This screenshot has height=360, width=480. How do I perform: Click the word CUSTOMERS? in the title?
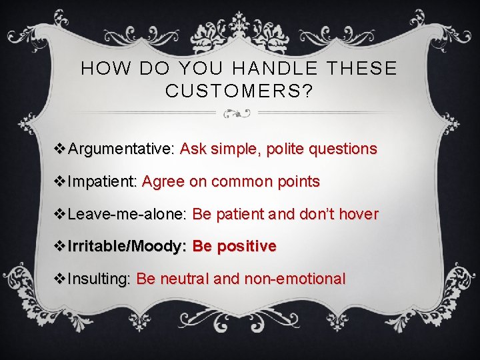239,91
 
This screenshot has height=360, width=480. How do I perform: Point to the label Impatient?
103,181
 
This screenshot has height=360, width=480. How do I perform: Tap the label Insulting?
100,279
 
